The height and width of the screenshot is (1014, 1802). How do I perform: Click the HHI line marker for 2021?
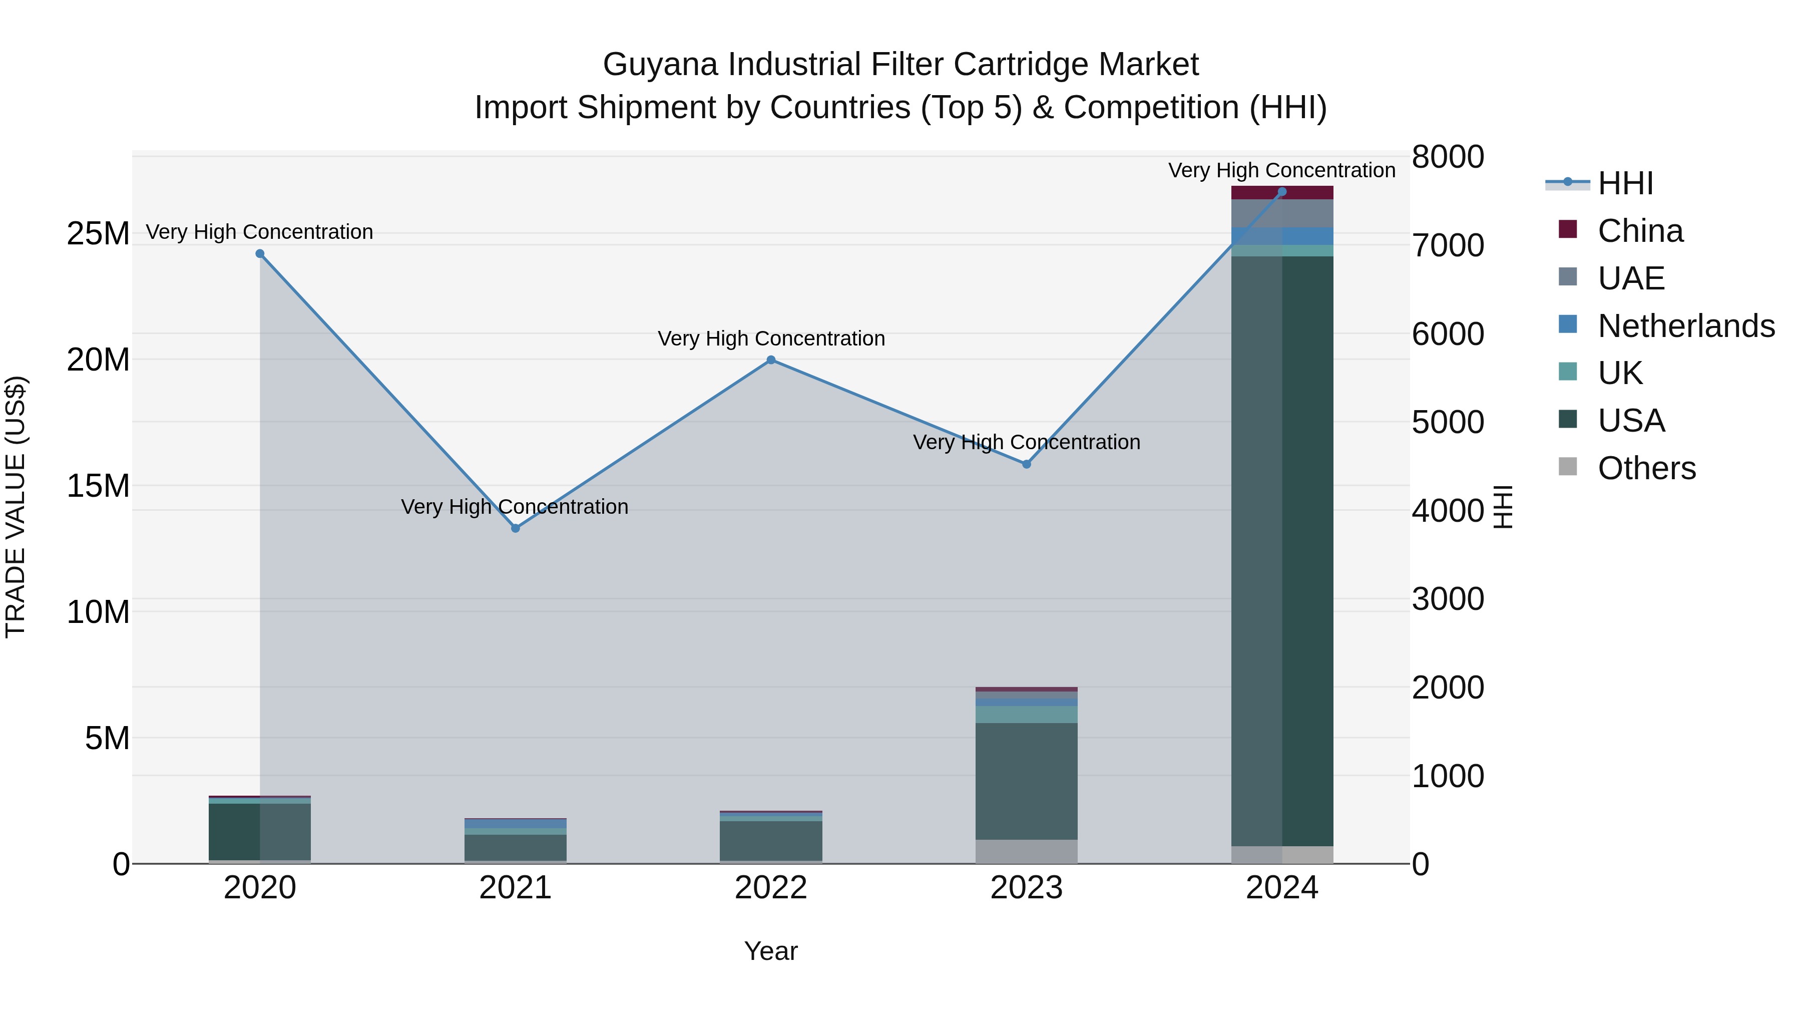516,528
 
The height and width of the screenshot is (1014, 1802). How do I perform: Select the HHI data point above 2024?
1282,192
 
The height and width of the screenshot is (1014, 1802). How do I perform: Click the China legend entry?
1640,231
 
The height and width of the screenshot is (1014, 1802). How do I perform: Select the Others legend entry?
1646,468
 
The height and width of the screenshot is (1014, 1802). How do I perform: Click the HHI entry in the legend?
1625,183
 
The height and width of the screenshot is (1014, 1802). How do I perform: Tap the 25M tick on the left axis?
98,234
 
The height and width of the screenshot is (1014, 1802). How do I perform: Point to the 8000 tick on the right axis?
1447,157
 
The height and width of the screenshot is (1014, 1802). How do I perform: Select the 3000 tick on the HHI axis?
1447,599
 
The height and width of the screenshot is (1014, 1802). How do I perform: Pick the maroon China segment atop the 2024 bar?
1282,193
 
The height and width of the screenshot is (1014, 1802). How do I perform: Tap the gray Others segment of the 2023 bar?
1026,852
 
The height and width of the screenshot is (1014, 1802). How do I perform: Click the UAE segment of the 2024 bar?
1282,213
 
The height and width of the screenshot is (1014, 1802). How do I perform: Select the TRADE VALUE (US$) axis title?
16,507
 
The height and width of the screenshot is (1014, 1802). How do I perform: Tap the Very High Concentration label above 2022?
771,339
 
